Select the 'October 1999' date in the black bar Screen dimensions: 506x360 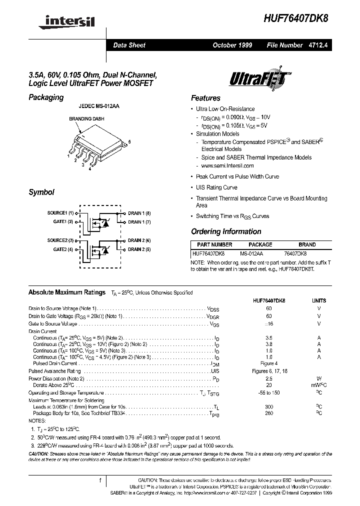232,45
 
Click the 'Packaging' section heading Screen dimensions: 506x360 46,97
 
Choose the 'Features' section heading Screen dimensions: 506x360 205,98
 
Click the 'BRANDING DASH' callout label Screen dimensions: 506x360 84,119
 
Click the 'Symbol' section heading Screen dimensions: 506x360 41,192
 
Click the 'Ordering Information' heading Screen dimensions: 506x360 226,231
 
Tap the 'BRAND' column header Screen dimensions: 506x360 307,244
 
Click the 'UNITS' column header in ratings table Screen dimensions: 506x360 318,301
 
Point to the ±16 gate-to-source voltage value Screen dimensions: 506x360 269,324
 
